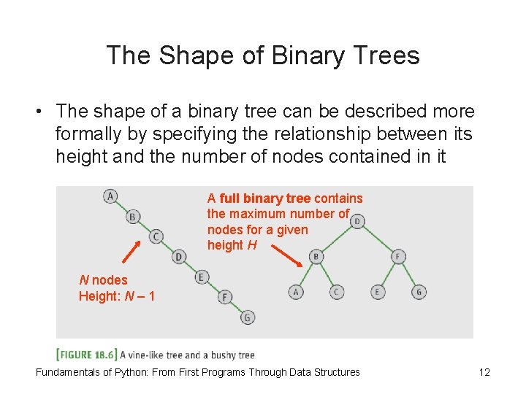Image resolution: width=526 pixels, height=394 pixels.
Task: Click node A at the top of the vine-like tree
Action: pyautogui.click(x=110, y=196)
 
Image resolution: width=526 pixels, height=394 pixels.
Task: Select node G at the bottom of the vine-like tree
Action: pyautogui.click(x=248, y=317)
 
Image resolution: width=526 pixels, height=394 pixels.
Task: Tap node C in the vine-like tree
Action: pyautogui.click(x=156, y=236)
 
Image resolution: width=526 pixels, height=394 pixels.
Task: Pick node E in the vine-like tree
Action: pyautogui.click(x=202, y=277)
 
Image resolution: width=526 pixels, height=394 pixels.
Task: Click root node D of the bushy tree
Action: pyautogui.click(x=357, y=220)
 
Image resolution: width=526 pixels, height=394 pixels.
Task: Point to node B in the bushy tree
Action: pyautogui.click(x=316, y=256)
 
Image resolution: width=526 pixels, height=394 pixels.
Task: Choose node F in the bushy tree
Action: pyautogui.click(x=398, y=256)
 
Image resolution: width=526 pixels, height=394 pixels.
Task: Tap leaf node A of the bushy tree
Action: pyautogui.click(x=296, y=292)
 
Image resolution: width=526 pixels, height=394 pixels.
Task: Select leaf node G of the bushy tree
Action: pyautogui.click(x=419, y=292)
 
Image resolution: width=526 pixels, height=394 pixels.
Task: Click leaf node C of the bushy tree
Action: pyautogui.click(x=337, y=292)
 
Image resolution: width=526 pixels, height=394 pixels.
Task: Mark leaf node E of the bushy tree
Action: pyautogui.click(x=378, y=292)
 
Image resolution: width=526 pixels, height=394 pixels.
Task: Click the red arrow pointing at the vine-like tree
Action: pyautogui.click(x=130, y=251)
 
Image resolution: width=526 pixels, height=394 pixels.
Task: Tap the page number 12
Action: pyautogui.click(x=484, y=372)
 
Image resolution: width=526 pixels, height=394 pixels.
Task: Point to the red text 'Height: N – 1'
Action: pyautogui.click(x=117, y=296)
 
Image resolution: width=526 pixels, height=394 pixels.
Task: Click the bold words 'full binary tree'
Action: pyautogui.click(x=265, y=198)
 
